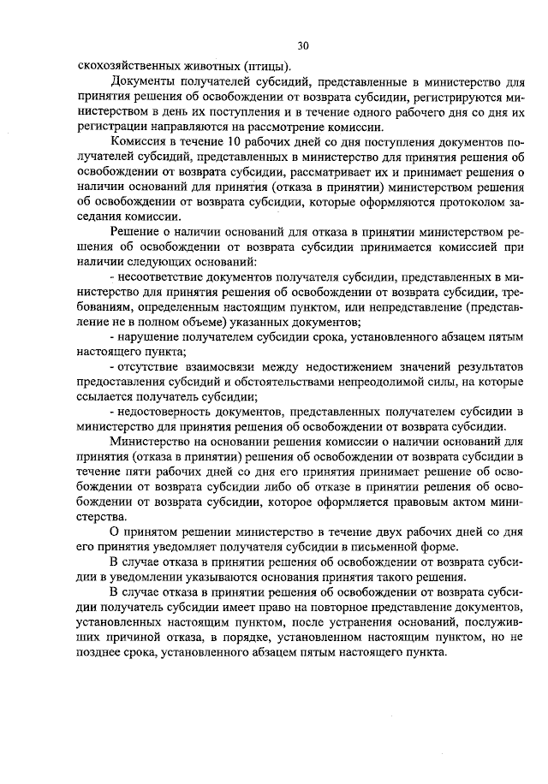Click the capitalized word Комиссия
coord(139,141)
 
